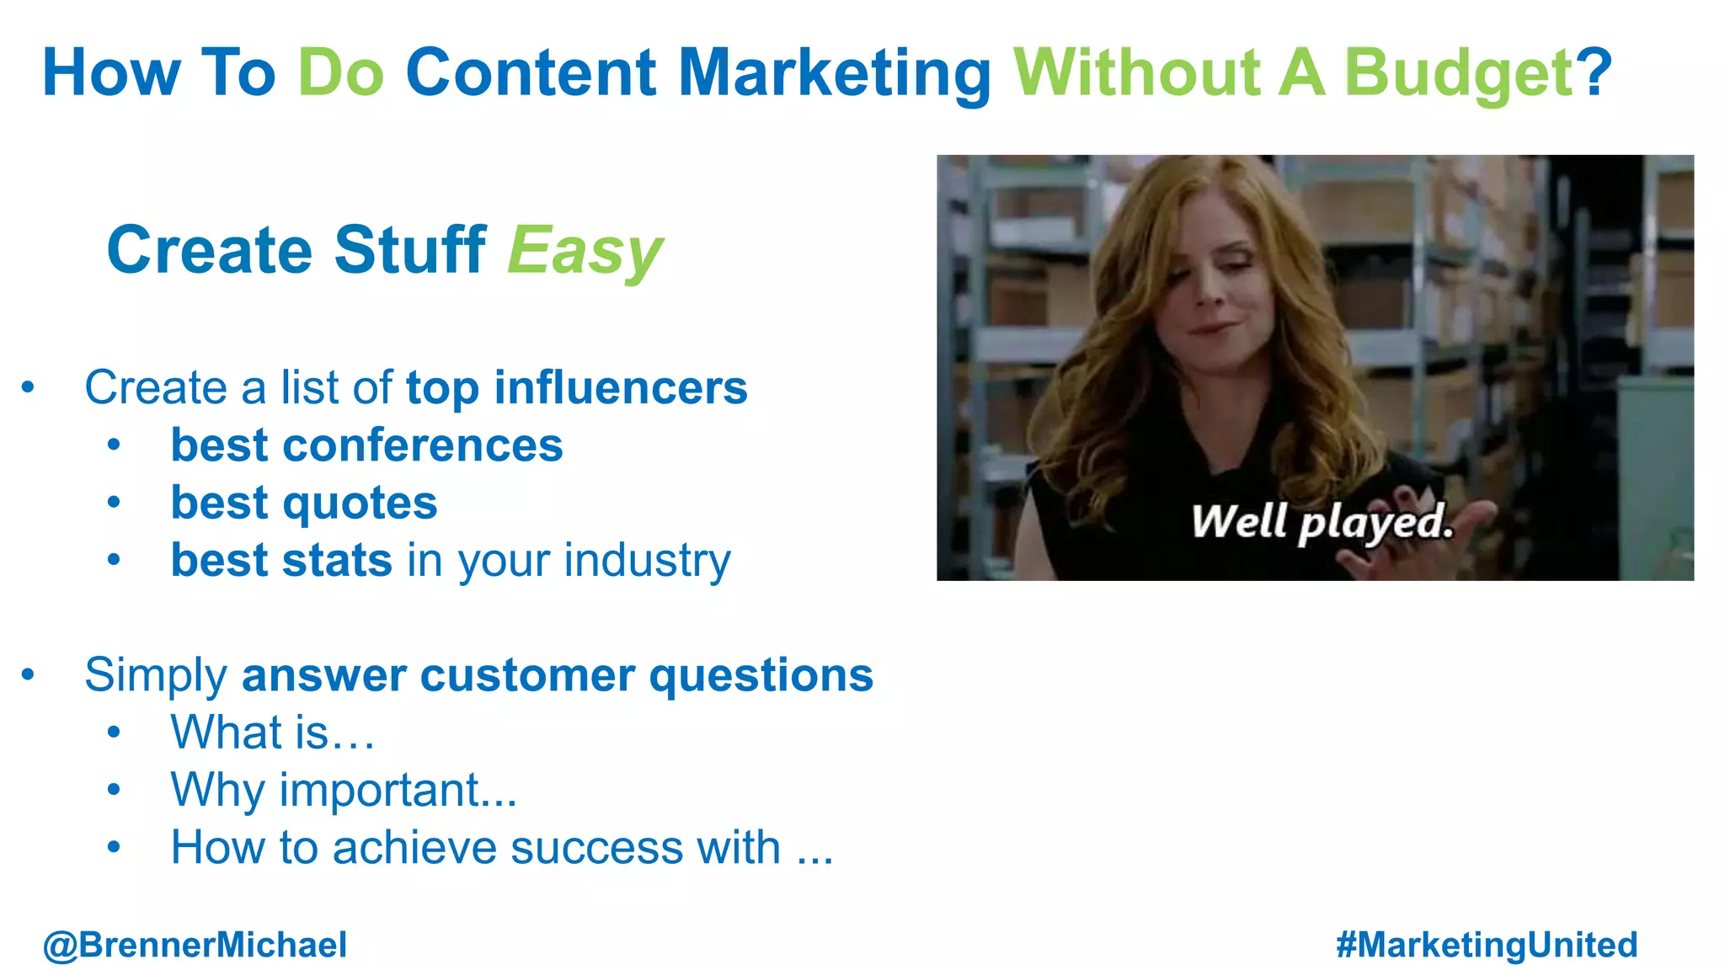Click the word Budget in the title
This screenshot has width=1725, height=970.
pyautogui.click(x=1458, y=74)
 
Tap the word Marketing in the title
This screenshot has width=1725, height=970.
pyautogui.click(x=835, y=74)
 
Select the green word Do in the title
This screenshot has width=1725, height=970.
pyautogui.click(x=341, y=72)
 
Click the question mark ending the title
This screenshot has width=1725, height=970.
pyautogui.click(x=1594, y=72)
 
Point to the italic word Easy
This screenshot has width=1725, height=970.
pyautogui.click(x=585, y=252)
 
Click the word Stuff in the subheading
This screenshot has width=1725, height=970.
pyautogui.click(x=409, y=250)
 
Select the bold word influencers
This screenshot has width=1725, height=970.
pyautogui.click(x=620, y=387)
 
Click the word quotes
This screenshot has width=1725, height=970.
pyautogui.click(x=360, y=504)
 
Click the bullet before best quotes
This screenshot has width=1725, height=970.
pyautogui.click(x=115, y=503)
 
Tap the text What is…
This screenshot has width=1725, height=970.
pyautogui.click(x=272, y=732)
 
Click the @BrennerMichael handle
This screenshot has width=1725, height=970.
pyautogui.click(x=195, y=945)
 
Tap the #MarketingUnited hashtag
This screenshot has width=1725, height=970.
pyautogui.click(x=1487, y=945)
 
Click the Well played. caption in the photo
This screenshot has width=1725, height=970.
pyautogui.click(x=1322, y=522)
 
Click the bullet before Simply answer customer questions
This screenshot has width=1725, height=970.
pyautogui.click(x=28, y=674)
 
